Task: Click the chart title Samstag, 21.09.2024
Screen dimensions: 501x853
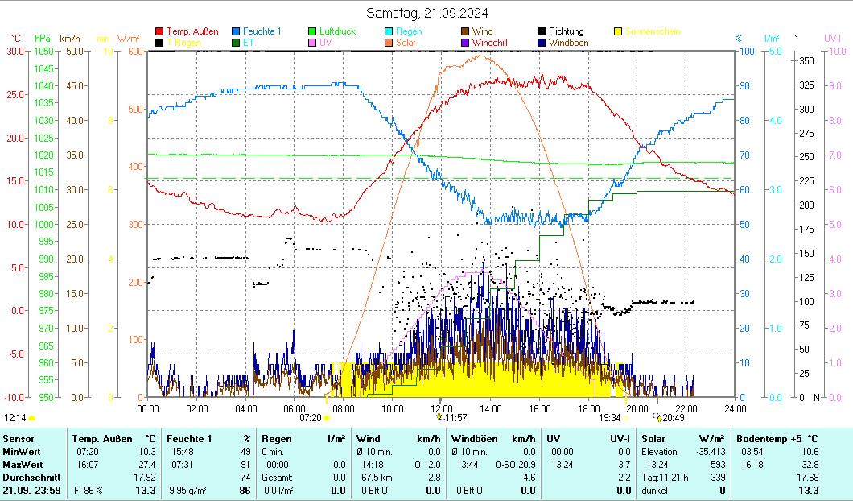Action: click(426, 13)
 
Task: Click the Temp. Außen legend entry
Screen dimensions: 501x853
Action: click(192, 31)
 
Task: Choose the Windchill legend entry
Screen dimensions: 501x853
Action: click(489, 43)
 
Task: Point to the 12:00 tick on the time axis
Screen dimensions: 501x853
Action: click(442, 408)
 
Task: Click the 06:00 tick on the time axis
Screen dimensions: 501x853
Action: click(295, 408)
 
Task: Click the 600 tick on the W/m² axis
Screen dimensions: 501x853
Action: click(135, 51)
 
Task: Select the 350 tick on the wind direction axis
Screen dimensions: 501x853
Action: click(805, 61)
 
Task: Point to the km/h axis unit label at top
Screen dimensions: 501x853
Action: click(70, 38)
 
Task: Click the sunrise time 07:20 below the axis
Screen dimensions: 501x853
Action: click(311, 418)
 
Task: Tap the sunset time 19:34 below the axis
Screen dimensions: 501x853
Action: click(609, 418)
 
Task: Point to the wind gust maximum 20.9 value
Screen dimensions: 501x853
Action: click(525, 465)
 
